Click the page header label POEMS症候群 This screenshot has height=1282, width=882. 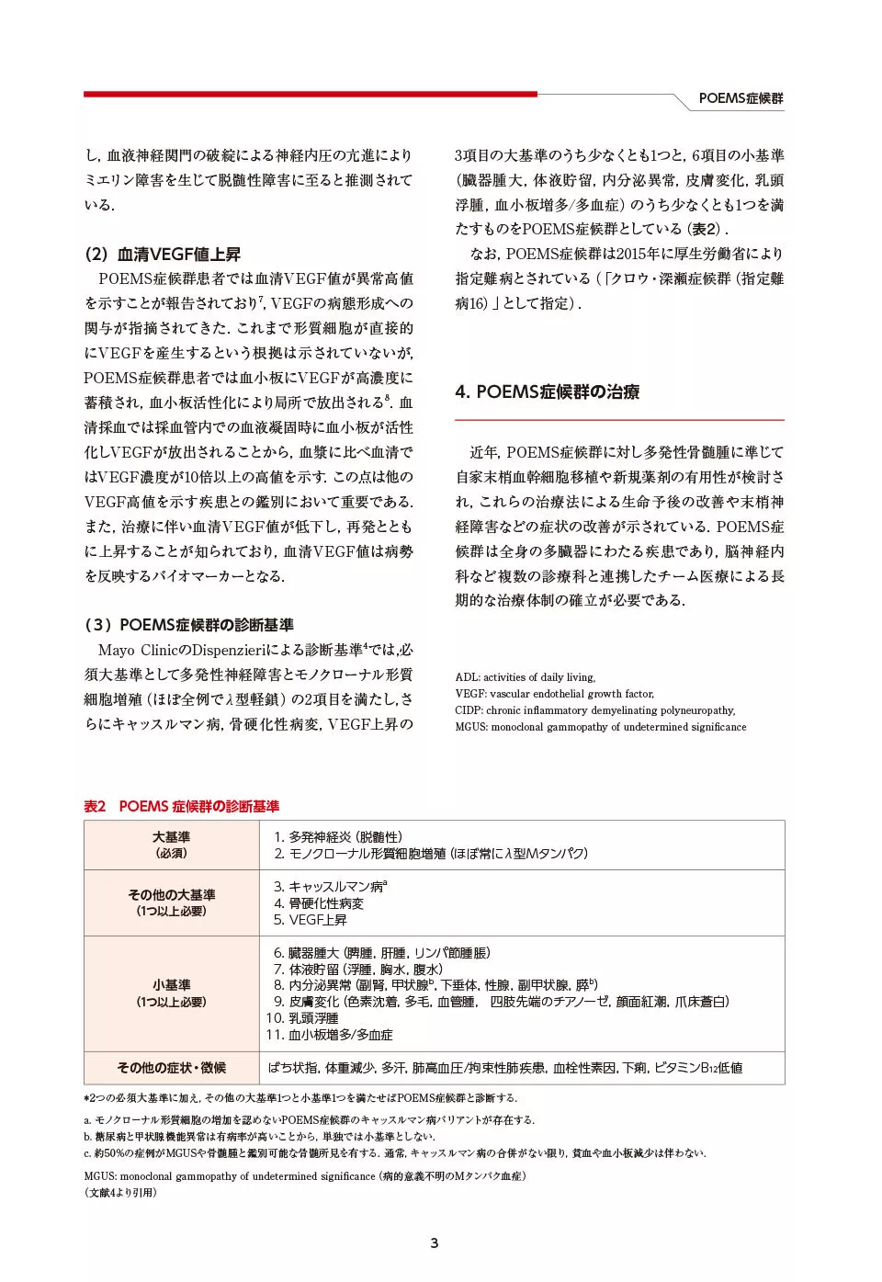[741, 98]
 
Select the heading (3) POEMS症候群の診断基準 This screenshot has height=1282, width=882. [188, 625]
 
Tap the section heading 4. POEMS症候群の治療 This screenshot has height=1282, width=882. [547, 391]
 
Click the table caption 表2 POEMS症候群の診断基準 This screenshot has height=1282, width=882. [181, 806]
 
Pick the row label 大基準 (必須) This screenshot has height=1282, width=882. [171, 845]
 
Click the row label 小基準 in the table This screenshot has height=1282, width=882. [171, 985]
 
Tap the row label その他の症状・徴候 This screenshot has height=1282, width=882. [171, 1068]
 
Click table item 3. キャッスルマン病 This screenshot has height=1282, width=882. [330, 887]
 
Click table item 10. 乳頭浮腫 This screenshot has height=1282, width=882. [302, 1018]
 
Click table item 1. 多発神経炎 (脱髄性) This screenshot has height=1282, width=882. [337, 837]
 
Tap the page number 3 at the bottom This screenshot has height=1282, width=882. [435, 1243]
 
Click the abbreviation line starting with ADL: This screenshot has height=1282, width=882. [525, 677]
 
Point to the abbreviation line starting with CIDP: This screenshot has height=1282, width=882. [594, 710]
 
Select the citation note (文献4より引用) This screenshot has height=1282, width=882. [120, 1193]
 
